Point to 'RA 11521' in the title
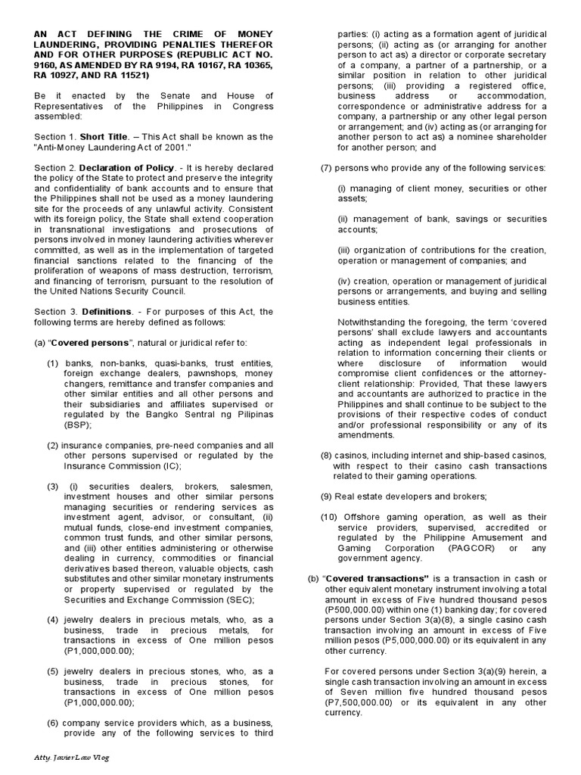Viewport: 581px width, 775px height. pos(129,75)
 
